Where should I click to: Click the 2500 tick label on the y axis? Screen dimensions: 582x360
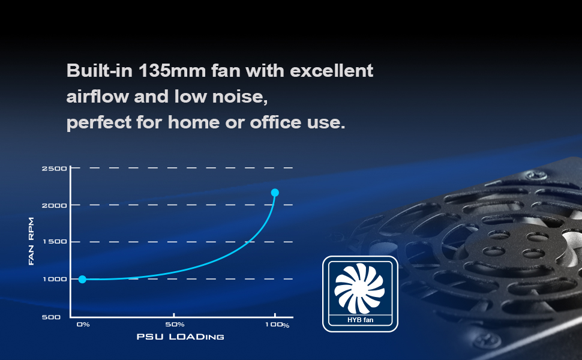(x=54, y=169)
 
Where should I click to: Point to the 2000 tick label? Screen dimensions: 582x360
(x=54, y=205)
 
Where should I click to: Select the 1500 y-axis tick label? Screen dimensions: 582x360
(x=55, y=242)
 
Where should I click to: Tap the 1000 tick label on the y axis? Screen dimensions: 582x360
(x=55, y=279)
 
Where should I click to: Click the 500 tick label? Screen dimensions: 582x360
(x=51, y=317)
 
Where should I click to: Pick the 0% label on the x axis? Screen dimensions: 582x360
(x=83, y=325)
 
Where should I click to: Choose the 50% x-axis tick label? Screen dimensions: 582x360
(x=175, y=325)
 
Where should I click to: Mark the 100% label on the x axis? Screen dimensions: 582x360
(x=277, y=325)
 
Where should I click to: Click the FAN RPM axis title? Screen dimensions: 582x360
(x=31, y=241)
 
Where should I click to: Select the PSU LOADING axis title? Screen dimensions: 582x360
(x=181, y=337)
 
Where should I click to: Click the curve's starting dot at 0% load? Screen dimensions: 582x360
(x=82, y=279)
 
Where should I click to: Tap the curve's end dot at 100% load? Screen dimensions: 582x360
(x=275, y=193)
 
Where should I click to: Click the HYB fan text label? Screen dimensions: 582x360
(x=361, y=320)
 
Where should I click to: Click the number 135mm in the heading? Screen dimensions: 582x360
(x=172, y=71)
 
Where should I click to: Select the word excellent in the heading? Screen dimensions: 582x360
(x=331, y=71)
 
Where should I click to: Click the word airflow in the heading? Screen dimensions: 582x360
(x=98, y=97)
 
